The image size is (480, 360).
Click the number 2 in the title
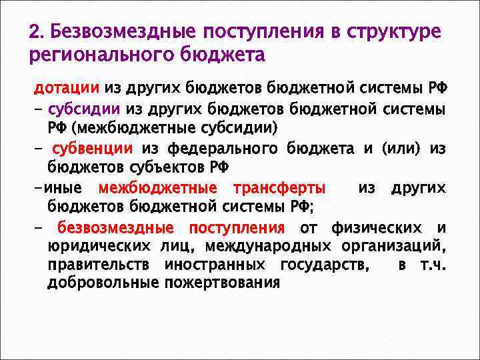coord(34,33)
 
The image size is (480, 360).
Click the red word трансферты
coord(279,189)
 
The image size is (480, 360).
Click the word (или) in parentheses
coord(400,147)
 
